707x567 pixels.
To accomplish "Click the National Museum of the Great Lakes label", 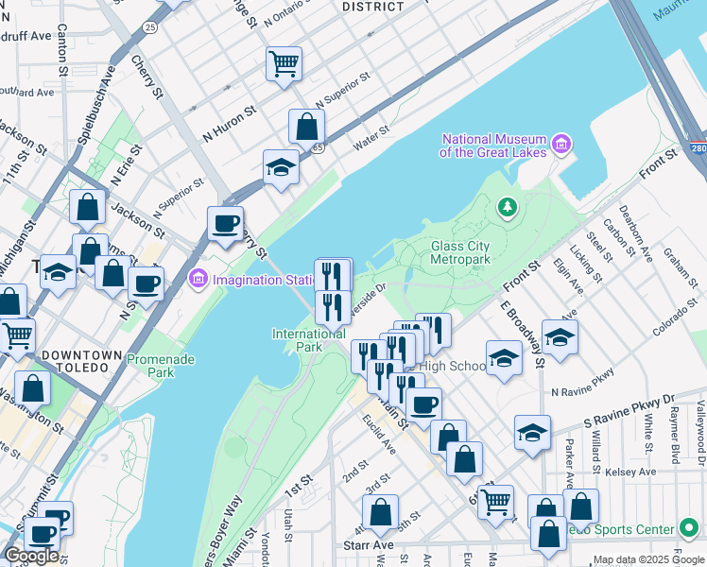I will pos(494,145).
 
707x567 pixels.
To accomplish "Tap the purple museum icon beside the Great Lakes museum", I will pos(562,145).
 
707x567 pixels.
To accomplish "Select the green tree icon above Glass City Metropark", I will pos(508,206).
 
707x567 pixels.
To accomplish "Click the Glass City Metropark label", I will pos(460,252).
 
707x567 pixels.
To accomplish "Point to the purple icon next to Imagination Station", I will pos(198,279).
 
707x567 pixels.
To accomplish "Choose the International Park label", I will pos(309,340).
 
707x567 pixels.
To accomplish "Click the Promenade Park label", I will pos(150,366).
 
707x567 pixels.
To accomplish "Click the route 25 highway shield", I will pos(150,27).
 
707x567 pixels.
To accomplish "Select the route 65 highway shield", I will pos(319,147).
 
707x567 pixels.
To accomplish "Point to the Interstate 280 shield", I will pos(698,149).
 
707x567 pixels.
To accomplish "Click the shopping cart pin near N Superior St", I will pos(284,64).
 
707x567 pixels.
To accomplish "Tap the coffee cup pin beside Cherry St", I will pos(225,224).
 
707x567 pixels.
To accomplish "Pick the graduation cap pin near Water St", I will pos(281,167).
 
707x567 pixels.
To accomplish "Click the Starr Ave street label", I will pos(369,545).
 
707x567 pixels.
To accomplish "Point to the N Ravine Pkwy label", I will pos(582,390).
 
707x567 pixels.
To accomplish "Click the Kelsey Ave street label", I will pos(633,471).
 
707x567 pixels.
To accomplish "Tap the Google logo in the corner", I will pos(31,556).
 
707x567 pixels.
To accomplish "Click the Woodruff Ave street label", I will pos(25,36).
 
